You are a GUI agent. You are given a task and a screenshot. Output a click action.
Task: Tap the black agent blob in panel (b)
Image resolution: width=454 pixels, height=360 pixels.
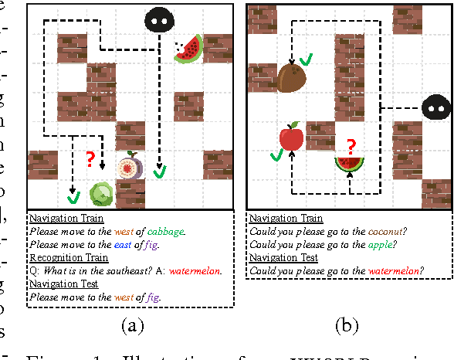point(436,109)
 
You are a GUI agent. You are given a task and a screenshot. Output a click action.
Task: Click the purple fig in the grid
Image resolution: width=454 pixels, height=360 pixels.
point(128,168)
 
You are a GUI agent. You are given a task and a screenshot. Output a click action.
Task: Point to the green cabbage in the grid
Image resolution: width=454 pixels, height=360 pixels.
point(101,193)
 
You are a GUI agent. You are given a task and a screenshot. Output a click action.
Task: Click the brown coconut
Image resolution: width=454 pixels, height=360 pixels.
point(293,79)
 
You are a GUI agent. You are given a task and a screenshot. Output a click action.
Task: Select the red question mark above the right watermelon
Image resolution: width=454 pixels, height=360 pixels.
point(351,145)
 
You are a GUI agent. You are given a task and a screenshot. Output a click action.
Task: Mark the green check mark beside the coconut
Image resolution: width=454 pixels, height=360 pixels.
point(307,59)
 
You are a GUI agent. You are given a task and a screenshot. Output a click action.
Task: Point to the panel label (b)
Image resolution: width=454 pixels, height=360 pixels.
point(346,326)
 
